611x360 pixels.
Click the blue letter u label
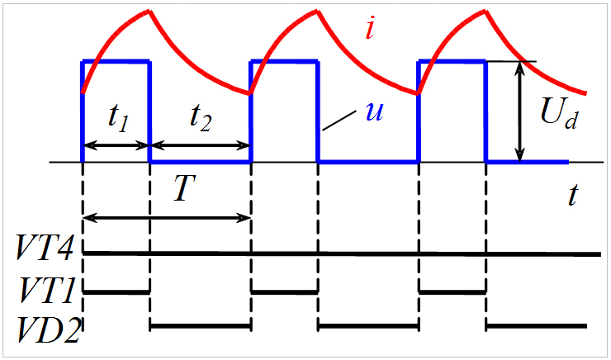click(375, 112)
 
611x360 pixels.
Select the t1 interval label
click(116, 119)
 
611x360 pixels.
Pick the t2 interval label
click(199, 119)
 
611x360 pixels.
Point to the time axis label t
click(572, 196)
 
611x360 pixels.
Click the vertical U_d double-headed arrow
click(519, 111)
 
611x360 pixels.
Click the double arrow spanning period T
click(167, 217)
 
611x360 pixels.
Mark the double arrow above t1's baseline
click(116, 145)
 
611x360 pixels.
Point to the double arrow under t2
click(199, 145)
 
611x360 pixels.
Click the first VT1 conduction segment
click(116, 291)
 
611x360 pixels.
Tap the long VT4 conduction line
click(343, 253)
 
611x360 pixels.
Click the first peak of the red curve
click(149, 11)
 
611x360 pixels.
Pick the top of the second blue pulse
click(284, 61)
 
